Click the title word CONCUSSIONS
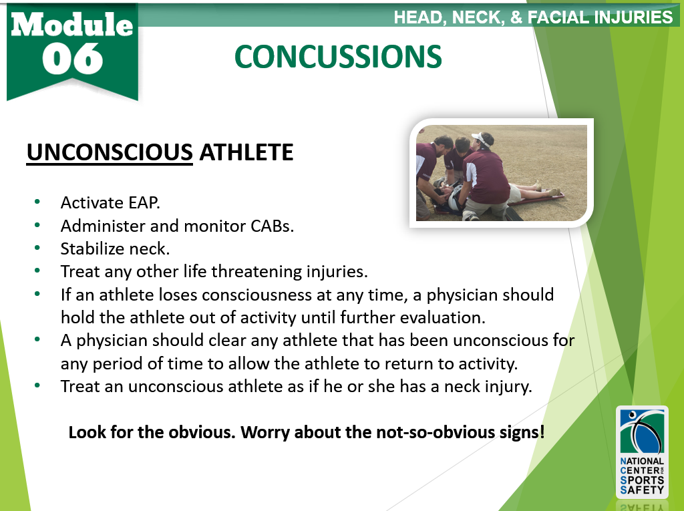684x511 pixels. tap(338, 57)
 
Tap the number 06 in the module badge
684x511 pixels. tap(72, 59)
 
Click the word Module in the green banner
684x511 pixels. tap(72, 24)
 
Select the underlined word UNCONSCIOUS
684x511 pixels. tap(110, 152)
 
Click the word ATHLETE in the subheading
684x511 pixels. tap(246, 152)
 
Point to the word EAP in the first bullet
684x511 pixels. tap(144, 202)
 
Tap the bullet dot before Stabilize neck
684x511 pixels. tap(37, 247)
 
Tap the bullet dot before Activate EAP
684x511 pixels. tap(37, 202)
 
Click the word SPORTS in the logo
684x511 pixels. tap(642, 480)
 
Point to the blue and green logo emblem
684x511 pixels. tap(642, 432)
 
